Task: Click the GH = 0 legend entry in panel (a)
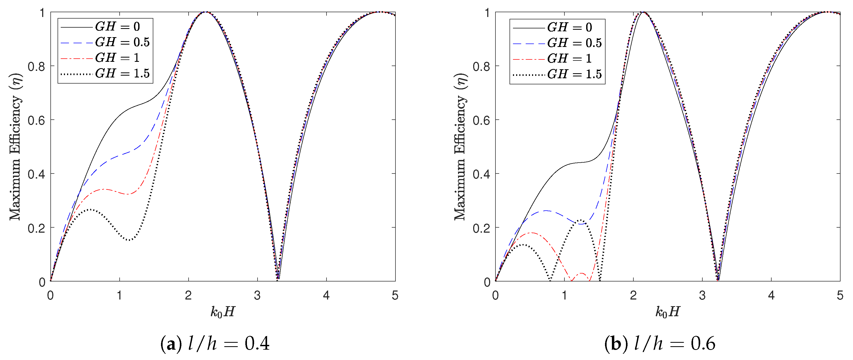[105, 27]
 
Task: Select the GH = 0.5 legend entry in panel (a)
[105, 42]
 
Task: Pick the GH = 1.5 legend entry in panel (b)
[557, 74]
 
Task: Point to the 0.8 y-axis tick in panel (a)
[36, 67]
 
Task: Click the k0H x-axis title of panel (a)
[223, 312]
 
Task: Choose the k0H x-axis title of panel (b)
[668, 312]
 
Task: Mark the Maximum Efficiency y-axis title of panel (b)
[460, 147]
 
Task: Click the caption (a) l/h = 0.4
[215, 344]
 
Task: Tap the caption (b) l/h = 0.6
[660, 344]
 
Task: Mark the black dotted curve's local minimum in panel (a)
[129, 240]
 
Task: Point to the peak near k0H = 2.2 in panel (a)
[205, 12]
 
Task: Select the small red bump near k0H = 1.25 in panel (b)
[581, 273]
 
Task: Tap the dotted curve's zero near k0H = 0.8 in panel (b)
[550, 280]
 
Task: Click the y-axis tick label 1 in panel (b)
[487, 13]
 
